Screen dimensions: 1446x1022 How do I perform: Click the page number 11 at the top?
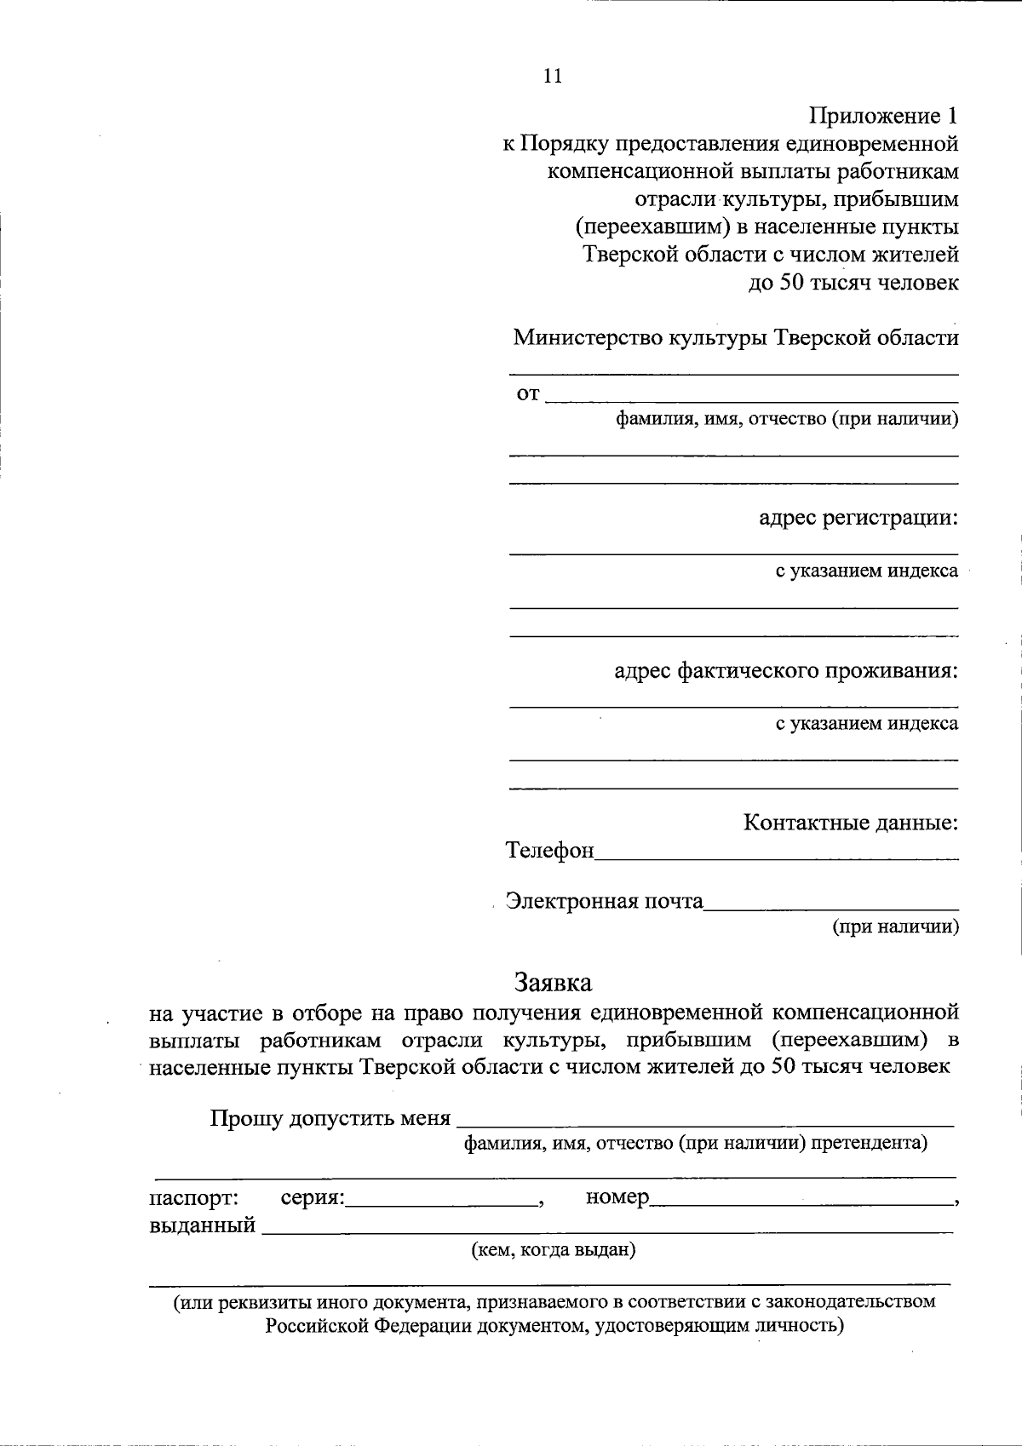[x=552, y=76]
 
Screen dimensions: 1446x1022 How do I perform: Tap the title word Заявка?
[x=553, y=982]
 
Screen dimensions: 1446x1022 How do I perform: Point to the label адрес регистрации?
[x=858, y=517]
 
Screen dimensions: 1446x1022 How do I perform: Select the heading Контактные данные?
[x=851, y=823]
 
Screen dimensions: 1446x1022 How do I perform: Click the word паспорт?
[x=194, y=1197]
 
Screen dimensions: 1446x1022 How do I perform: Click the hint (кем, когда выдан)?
[x=554, y=1250]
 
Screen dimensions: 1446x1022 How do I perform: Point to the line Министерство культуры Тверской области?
[x=735, y=337]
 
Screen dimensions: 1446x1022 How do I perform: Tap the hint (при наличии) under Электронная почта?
[x=895, y=927]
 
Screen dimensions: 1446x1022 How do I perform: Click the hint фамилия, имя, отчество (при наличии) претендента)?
[x=695, y=1143]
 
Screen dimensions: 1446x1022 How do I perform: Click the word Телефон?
[x=549, y=851]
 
